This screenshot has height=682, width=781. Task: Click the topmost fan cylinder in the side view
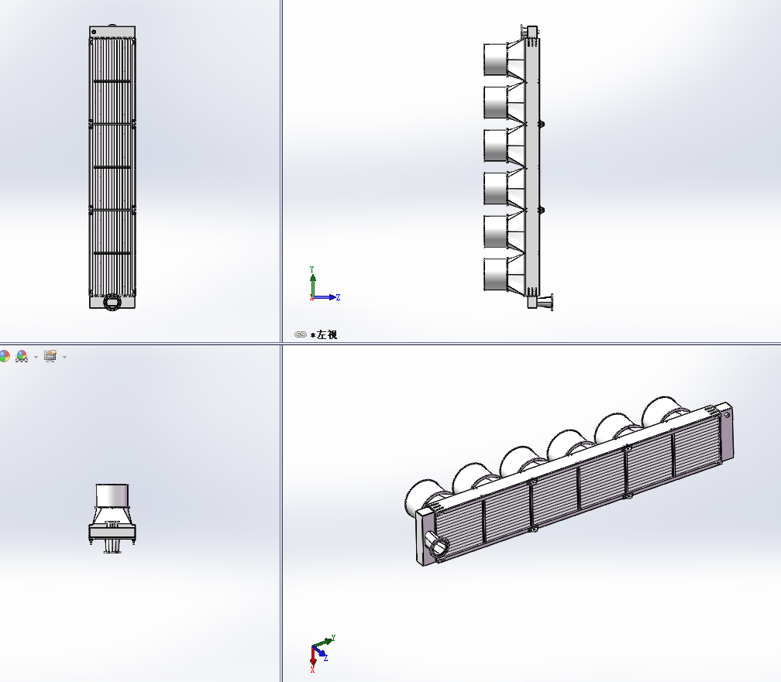[x=496, y=60]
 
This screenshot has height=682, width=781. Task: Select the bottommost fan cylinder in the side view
[x=496, y=274]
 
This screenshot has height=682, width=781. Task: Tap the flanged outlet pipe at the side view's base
[x=545, y=302]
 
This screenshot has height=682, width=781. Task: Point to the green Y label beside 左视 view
[x=311, y=269]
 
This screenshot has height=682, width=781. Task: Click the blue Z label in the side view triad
[x=338, y=297]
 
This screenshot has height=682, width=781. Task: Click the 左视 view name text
[x=327, y=334]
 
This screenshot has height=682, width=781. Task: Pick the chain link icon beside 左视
[x=301, y=334]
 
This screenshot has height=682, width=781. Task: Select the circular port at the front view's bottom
[x=112, y=302]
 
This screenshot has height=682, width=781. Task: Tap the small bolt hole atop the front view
[x=95, y=32]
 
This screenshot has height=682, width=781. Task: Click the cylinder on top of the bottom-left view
[x=112, y=495]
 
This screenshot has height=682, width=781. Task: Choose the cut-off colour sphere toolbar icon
[x=4, y=356]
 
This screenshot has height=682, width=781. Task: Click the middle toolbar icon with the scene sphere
[x=22, y=356]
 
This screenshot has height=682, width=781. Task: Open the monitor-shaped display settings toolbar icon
[x=50, y=356]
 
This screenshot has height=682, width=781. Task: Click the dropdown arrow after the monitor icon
[x=65, y=357]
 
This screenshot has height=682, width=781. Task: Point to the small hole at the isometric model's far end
[x=728, y=415]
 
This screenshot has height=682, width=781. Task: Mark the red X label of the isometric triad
[x=312, y=670]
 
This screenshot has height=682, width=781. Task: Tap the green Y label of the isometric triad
[x=333, y=638]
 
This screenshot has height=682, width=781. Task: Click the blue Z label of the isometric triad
[x=325, y=658]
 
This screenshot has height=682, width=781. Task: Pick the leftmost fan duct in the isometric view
[x=421, y=497]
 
